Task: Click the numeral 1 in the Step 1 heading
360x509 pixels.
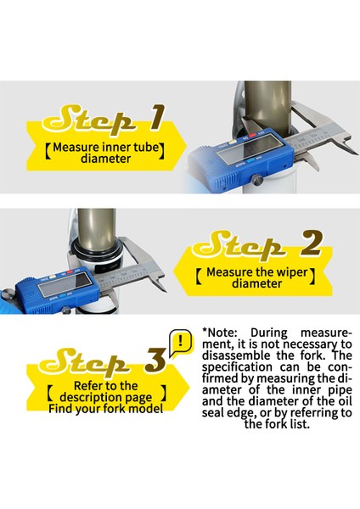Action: click(157, 118)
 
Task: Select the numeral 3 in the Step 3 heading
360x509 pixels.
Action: click(155, 360)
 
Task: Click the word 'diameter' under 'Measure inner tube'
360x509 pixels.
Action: click(106, 159)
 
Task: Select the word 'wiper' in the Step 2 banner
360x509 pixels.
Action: click(290, 272)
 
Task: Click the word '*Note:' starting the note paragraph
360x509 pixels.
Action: click(220, 333)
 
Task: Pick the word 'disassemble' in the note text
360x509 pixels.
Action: click(236, 355)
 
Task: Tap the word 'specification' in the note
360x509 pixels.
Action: click(237, 367)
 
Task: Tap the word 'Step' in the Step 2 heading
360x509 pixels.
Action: click(239, 245)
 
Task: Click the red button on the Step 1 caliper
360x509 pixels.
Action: click(252, 136)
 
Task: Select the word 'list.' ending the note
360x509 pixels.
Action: click(299, 424)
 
